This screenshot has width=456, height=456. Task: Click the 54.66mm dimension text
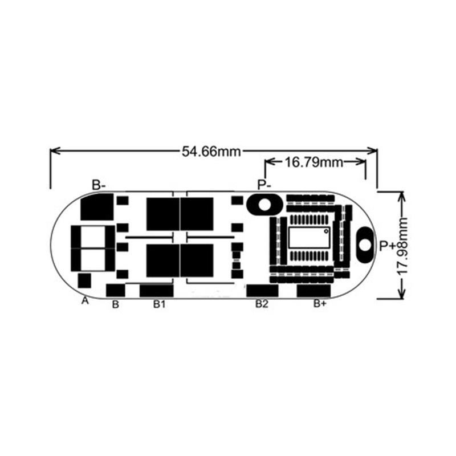211,151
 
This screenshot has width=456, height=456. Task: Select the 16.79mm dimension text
313,162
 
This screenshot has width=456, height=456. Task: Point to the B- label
99,185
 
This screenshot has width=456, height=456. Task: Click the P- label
264,185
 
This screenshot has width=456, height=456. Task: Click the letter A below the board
85,300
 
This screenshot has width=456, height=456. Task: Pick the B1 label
159,304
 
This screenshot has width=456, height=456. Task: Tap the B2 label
261,304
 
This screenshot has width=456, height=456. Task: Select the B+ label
320,304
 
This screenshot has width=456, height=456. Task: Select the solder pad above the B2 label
262,290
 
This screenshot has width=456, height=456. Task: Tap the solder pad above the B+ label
313,290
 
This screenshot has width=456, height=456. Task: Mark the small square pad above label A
84,280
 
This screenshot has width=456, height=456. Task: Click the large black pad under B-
96,207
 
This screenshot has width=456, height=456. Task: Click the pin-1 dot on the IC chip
325,231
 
